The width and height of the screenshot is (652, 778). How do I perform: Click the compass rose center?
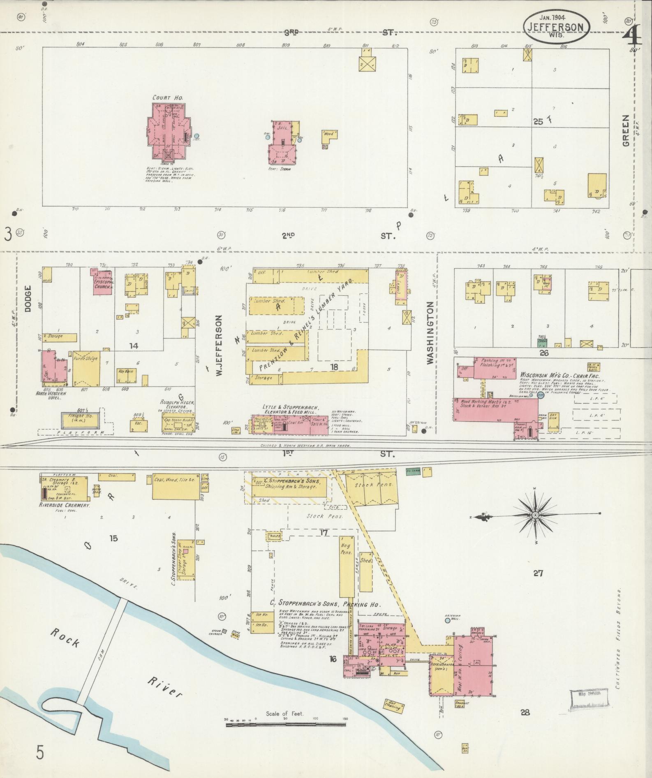(535, 515)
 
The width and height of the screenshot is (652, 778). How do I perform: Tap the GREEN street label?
(625, 130)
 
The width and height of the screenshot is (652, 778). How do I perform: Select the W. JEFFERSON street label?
(219, 345)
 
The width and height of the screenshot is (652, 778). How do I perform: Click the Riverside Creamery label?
(65, 505)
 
